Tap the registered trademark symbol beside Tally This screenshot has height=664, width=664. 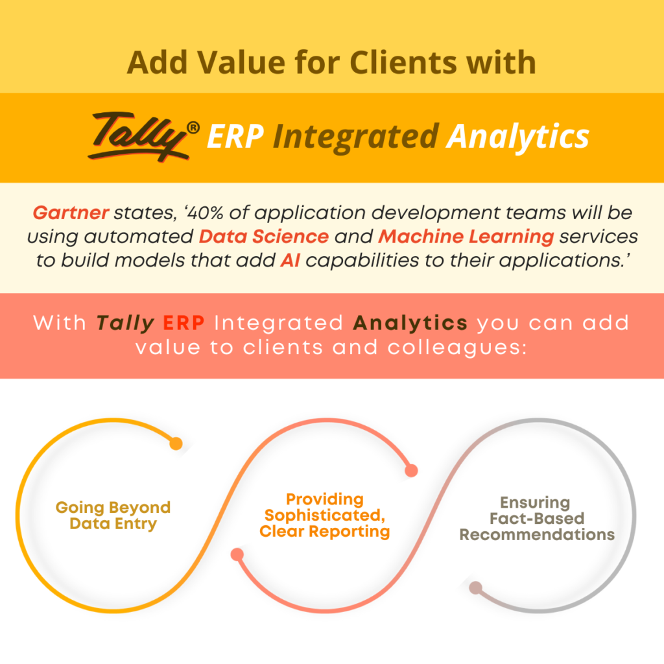(x=193, y=128)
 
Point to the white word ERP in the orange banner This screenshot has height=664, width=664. (x=235, y=136)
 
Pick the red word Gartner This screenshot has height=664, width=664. (x=71, y=213)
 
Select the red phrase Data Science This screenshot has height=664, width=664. (x=264, y=237)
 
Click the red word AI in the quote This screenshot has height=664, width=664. (x=290, y=261)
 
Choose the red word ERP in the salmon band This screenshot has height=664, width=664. (x=184, y=323)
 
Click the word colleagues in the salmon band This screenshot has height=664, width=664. (x=457, y=348)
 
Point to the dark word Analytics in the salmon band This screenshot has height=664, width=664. (x=410, y=323)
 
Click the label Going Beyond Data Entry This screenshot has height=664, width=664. (x=113, y=516)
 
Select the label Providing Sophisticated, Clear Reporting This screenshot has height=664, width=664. (x=325, y=515)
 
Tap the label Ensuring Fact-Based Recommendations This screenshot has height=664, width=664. (x=537, y=518)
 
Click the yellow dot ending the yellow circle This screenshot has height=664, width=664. (x=176, y=444)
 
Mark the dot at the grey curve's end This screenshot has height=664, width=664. (x=475, y=587)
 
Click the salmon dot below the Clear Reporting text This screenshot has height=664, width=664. (x=237, y=554)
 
